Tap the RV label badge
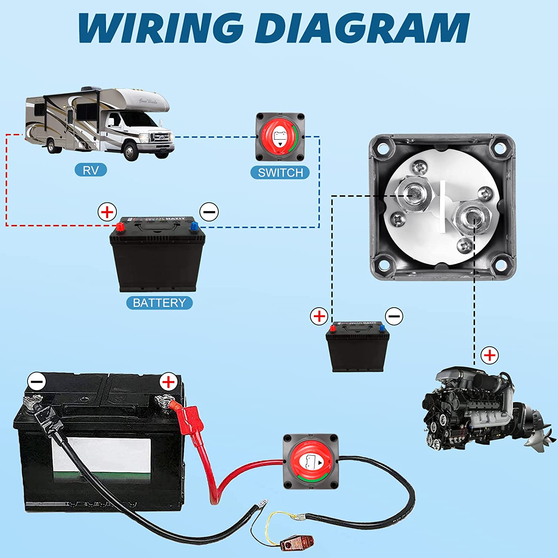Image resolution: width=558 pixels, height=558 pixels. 91,170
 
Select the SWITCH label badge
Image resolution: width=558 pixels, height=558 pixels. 280,173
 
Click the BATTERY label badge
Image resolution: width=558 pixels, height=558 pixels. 159,303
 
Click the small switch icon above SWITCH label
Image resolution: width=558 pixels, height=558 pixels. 280,137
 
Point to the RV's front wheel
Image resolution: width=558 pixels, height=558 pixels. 131,151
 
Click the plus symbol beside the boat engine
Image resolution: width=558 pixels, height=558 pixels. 490,355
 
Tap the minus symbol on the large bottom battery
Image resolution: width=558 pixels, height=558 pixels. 37,382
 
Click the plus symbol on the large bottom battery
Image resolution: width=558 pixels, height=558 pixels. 169,382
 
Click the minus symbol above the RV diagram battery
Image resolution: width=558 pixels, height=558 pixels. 209,212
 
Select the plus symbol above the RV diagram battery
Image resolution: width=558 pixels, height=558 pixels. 107,212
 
